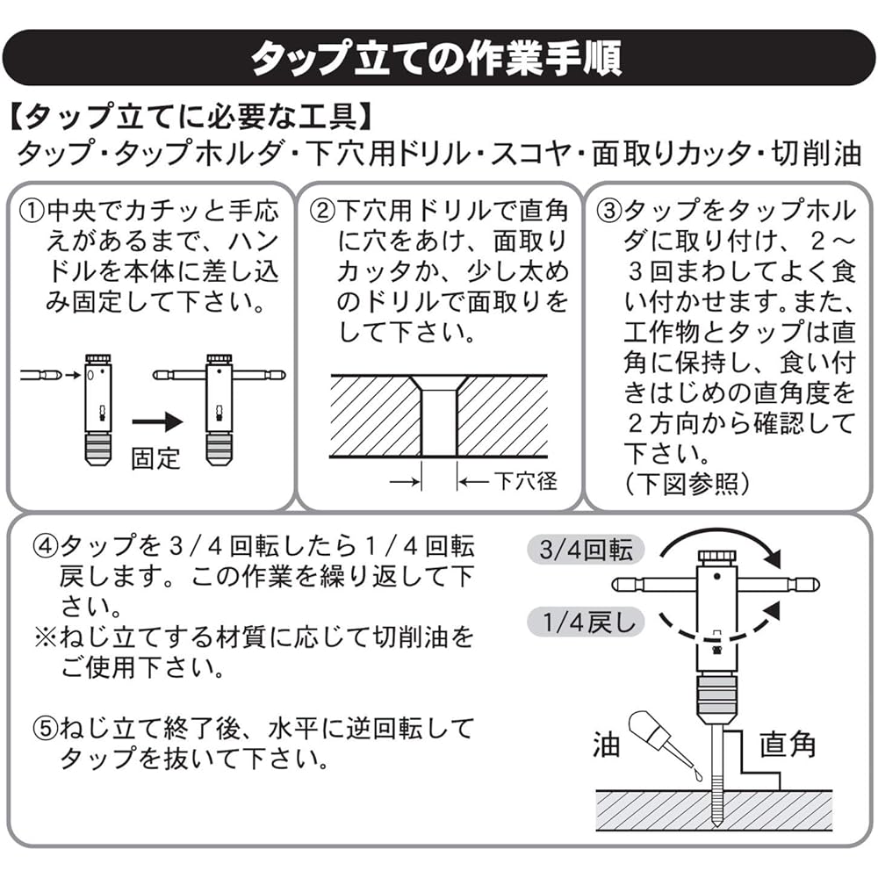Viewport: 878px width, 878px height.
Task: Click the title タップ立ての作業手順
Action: click(436, 58)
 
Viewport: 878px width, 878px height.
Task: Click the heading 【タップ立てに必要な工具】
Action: click(191, 117)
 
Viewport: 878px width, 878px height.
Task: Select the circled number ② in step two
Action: click(322, 212)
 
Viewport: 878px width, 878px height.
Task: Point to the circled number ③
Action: click(610, 212)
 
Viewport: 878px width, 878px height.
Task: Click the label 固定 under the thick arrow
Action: click(155, 458)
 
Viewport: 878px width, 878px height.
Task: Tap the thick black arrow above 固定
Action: click(158, 422)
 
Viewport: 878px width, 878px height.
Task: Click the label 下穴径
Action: click(525, 481)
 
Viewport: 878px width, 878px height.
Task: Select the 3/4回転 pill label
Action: click(586, 550)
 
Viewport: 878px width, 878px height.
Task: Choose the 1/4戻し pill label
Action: click(586, 623)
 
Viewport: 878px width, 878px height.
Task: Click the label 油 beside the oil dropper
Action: click(607, 745)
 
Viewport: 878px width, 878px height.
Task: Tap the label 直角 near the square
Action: click(787, 745)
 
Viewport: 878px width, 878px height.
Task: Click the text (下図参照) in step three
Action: click(687, 484)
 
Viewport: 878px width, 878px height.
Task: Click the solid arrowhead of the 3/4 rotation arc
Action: click(774, 558)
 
